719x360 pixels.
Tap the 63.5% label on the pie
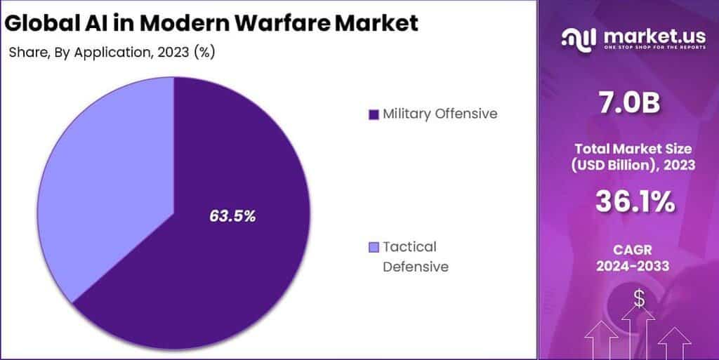point(232,215)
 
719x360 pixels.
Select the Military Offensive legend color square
point(373,114)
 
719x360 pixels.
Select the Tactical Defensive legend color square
point(373,247)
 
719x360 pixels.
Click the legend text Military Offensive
point(440,114)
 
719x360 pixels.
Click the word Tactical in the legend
point(409,246)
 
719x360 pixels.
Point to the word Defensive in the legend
point(415,267)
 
